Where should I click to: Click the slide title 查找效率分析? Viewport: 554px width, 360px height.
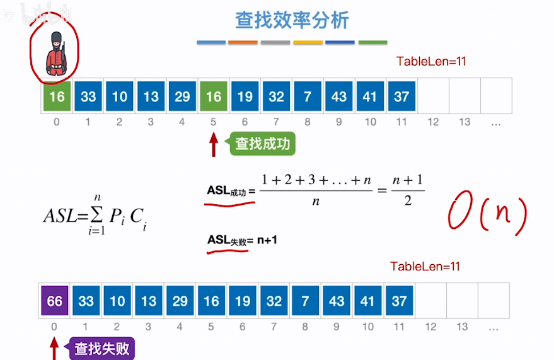pos(292,20)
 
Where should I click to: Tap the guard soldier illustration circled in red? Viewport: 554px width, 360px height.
pos(55,52)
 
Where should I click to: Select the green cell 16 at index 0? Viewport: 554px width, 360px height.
pos(57,96)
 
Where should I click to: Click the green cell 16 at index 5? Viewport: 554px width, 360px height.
pos(214,96)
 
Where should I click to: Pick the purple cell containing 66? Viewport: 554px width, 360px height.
pos(55,301)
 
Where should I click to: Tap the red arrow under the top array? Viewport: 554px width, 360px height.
pos(214,144)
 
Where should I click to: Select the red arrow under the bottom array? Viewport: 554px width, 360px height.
pos(54,348)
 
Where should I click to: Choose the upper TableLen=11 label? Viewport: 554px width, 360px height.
pos(431,61)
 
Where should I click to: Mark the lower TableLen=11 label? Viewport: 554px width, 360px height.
pos(425,266)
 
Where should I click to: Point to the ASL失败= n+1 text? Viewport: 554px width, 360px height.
pos(243,240)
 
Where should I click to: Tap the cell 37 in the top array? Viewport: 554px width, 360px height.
pos(401,96)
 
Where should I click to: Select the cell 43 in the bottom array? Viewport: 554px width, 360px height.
pos(337,301)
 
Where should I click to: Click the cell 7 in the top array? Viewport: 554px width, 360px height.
pos(308,96)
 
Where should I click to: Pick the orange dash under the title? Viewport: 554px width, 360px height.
pos(243,42)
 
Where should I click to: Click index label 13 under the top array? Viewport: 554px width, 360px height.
pos(465,122)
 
